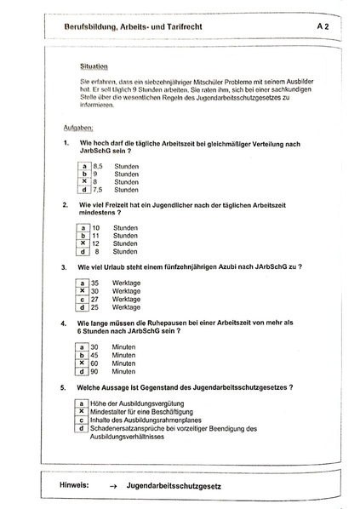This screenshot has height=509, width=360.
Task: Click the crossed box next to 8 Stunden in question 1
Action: [84, 181]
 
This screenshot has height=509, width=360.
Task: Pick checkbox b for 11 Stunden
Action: [83, 236]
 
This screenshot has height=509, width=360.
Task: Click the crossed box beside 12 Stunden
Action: [83, 243]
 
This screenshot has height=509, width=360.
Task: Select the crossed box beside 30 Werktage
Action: [83, 290]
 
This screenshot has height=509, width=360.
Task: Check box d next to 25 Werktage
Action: [83, 307]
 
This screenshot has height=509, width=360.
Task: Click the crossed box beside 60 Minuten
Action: [83, 363]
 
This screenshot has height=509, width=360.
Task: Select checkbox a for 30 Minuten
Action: [83, 346]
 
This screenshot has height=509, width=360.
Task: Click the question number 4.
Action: [65, 323]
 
